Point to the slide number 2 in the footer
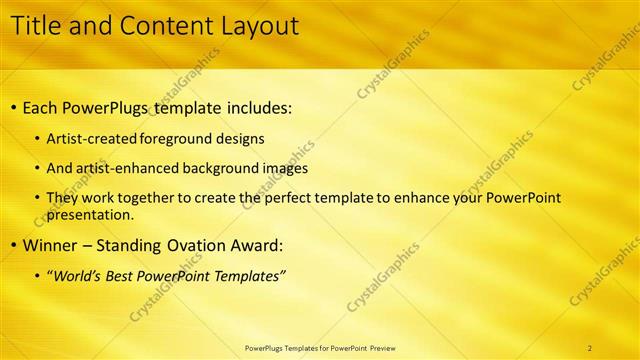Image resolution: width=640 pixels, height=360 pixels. click(590, 348)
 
